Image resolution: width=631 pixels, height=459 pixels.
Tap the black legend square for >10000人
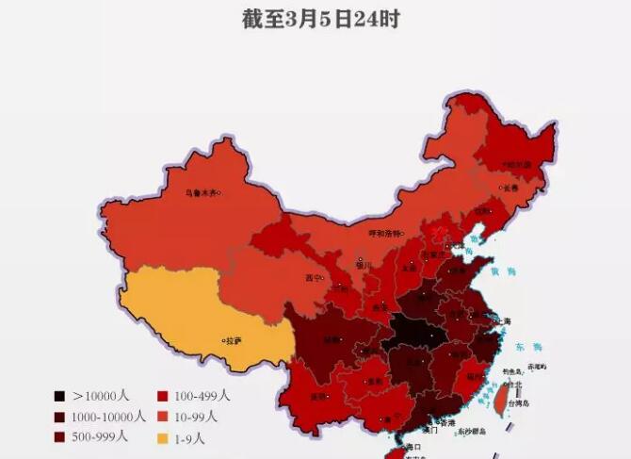point(59,397)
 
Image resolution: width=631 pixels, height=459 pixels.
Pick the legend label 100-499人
point(201,397)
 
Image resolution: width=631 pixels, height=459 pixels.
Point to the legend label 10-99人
point(196,417)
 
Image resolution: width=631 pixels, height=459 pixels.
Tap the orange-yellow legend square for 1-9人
point(162,438)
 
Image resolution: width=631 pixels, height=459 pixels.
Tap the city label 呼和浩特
point(383,231)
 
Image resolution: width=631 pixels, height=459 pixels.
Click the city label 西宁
point(315,278)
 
